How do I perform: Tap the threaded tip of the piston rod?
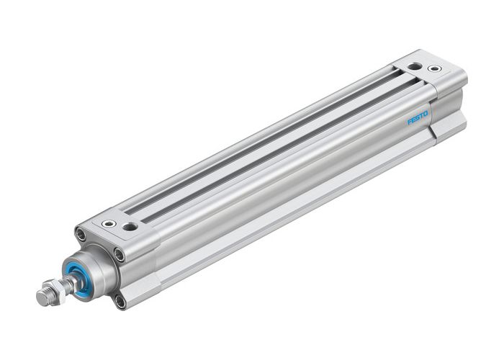(42, 296)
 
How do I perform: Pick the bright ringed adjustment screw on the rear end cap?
(434, 69)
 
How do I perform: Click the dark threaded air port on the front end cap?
(130, 227)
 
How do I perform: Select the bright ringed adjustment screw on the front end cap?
(108, 224)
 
